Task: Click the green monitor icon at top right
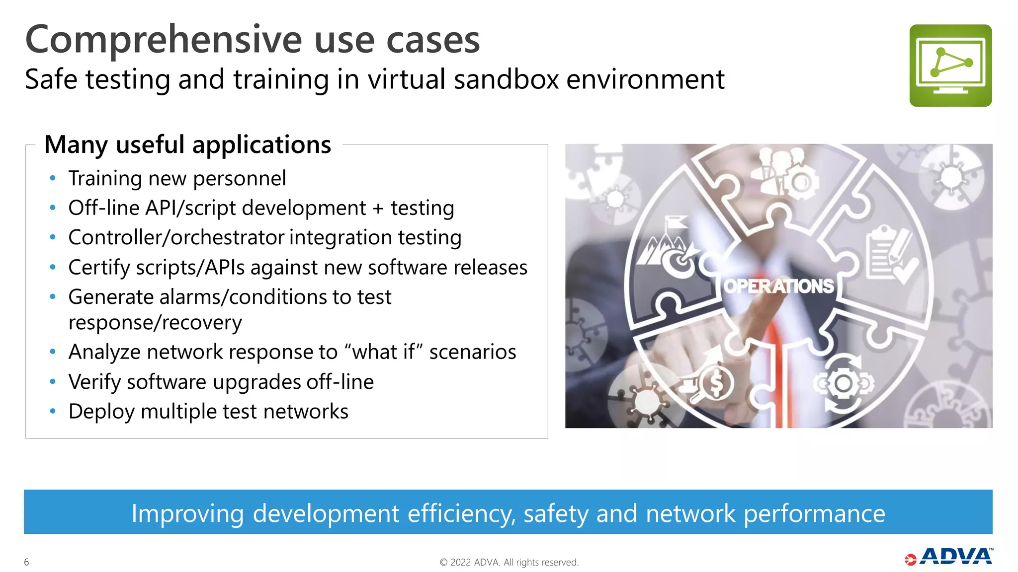pyautogui.click(x=950, y=65)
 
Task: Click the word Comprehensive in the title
pyautogui.click(x=164, y=40)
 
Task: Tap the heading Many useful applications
pyautogui.click(x=187, y=145)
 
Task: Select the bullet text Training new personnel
pyautogui.click(x=177, y=178)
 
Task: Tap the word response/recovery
pyautogui.click(x=155, y=323)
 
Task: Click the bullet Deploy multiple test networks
pyautogui.click(x=208, y=412)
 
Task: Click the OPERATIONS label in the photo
pyautogui.click(x=778, y=286)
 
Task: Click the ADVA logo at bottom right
pyautogui.click(x=949, y=557)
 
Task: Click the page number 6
pyautogui.click(x=26, y=562)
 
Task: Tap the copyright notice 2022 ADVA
pyautogui.click(x=509, y=562)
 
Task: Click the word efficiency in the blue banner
pyautogui.click(x=461, y=513)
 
